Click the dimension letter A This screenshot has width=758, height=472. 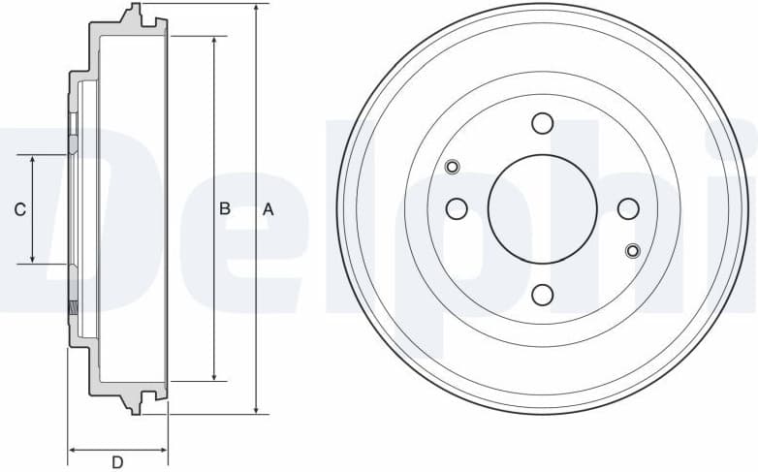[x=268, y=209]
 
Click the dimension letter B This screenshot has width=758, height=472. [x=224, y=209]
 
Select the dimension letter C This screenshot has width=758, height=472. [x=18, y=209]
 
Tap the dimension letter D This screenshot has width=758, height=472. [x=117, y=462]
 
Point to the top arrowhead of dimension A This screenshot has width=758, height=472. [x=256, y=9]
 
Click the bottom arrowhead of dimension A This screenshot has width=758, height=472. [x=256, y=409]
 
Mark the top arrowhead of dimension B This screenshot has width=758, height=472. [x=215, y=42]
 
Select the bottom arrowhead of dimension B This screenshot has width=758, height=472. [x=215, y=376]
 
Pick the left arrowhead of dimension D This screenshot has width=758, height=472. [x=73, y=450]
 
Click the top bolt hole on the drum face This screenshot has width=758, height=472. [x=542, y=123]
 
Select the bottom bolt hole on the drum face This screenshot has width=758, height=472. [x=542, y=295]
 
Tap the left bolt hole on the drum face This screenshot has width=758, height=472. [x=456, y=208]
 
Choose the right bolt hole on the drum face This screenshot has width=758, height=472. [x=628, y=208]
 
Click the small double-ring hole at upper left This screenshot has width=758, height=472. [x=452, y=167]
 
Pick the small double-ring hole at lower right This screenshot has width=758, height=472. [x=633, y=251]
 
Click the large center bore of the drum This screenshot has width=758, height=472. [x=542, y=208]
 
